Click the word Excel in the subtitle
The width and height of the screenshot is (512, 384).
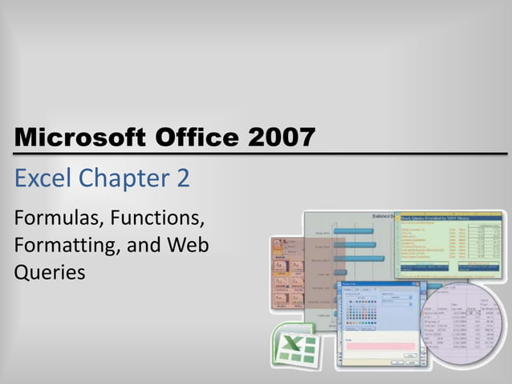coord(42,178)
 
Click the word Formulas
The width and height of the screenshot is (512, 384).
coord(58,218)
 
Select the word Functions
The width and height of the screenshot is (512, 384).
coord(159,218)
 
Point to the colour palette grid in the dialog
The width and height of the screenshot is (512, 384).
coord(362,314)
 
